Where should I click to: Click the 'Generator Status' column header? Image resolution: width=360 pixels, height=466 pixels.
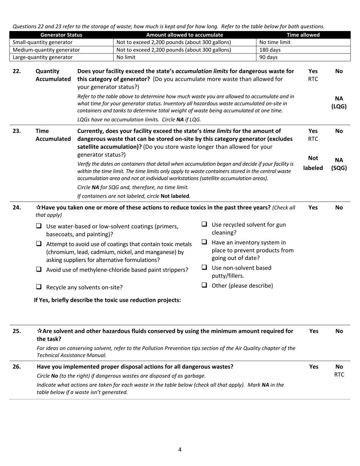(x=61, y=35)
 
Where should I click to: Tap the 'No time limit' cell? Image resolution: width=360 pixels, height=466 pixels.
(x=275, y=42)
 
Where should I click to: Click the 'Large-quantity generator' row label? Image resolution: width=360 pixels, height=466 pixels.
(x=42, y=57)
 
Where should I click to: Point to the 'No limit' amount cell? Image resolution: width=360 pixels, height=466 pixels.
(x=126, y=57)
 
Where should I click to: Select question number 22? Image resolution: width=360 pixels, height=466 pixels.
(x=17, y=71)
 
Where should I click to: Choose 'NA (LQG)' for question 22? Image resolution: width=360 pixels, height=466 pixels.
(x=339, y=102)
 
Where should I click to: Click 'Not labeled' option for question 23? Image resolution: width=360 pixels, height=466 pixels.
(x=313, y=163)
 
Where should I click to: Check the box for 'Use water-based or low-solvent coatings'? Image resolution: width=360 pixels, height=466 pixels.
(x=39, y=226)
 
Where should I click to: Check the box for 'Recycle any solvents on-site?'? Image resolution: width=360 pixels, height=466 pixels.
(x=39, y=287)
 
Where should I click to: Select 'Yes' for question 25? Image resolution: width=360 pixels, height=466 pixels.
(x=313, y=331)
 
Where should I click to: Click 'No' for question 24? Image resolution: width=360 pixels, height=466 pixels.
(x=339, y=207)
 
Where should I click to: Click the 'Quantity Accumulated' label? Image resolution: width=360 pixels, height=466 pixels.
(x=53, y=75)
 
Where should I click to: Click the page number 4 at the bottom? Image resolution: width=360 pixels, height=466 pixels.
(x=180, y=450)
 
